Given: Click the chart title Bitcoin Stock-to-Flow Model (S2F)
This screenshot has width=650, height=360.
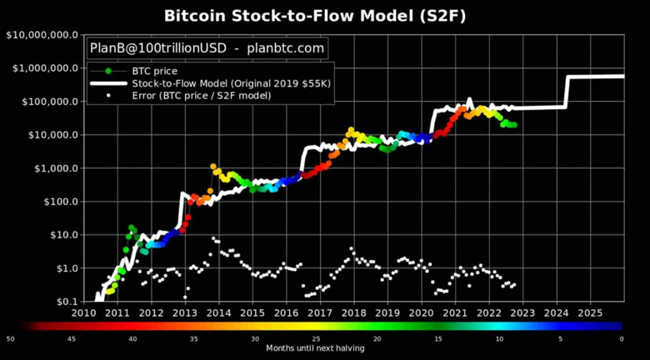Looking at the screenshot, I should coord(324,15).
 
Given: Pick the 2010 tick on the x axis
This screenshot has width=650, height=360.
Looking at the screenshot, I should coord(83,312).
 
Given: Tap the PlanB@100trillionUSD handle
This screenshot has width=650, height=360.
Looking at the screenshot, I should coord(155,49).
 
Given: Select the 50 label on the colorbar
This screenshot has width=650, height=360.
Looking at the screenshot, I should coord(11,338).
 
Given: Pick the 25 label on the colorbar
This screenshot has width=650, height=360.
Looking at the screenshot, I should coord(317,338).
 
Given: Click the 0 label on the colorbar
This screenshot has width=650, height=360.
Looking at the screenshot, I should coord(622,338).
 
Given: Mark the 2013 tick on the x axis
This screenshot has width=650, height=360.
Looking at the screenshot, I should coord(185,312).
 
